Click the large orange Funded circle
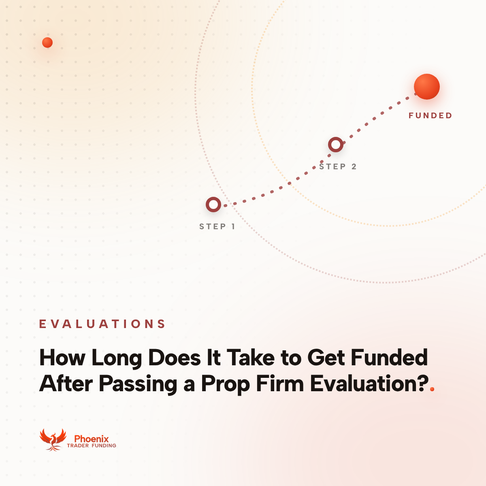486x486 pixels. (427, 87)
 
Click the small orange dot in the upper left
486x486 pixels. (47, 43)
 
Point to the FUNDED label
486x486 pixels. (430, 115)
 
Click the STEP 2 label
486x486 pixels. (338, 166)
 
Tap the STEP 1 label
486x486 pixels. (217, 226)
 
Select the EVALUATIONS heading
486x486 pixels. (102, 324)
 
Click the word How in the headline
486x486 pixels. (62, 357)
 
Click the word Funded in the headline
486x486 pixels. (389, 357)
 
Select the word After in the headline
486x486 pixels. (66, 384)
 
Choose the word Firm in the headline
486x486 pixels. (280, 383)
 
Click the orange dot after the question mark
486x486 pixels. (432, 389)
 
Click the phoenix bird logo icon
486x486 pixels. (53, 439)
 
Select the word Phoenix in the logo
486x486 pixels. (91, 439)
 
